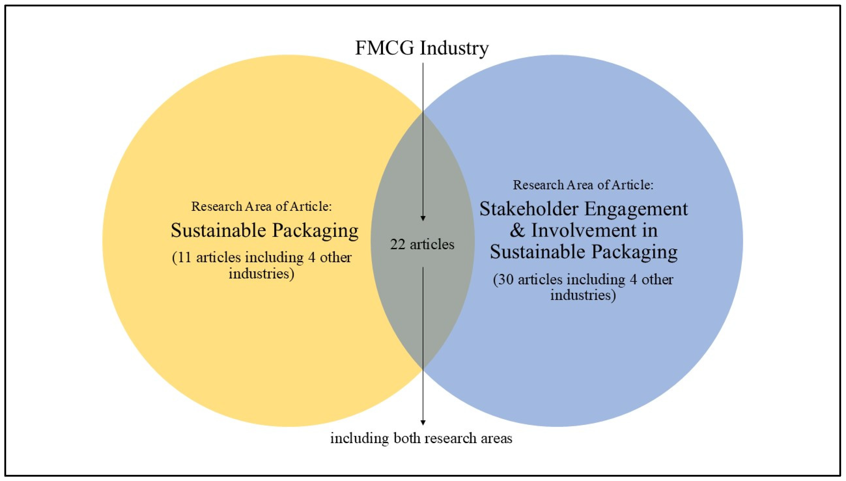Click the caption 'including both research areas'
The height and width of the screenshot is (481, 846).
click(421, 438)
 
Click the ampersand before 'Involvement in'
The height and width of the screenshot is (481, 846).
click(517, 231)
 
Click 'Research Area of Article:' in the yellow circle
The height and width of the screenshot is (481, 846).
click(261, 206)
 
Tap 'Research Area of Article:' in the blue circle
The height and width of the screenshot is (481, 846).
click(583, 185)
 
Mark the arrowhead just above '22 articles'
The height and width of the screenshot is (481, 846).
click(423, 219)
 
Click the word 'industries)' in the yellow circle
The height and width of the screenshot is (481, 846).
click(261, 274)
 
